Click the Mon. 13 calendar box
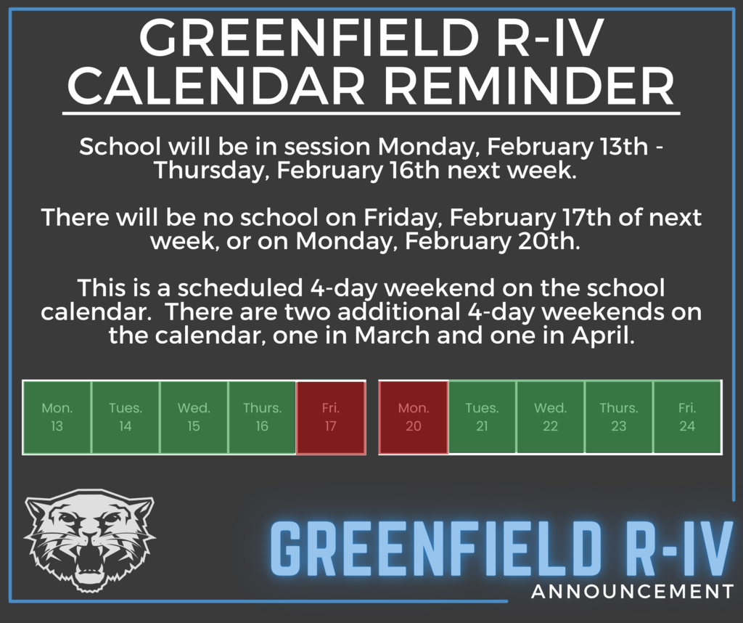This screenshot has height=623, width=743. (x=57, y=418)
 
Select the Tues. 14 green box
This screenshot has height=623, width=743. (x=125, y=418)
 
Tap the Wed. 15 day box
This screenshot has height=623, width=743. (x=194, y=418)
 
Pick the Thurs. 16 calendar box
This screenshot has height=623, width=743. (x=262, y=418)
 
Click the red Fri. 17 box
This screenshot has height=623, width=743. (x=331, y=418)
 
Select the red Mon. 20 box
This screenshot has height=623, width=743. (x=414, y=418)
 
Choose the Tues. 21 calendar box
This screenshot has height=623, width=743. (x=482, y=418)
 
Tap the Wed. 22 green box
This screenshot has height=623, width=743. (x=550, y=418)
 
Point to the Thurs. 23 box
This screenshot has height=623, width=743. (x=619, y=418)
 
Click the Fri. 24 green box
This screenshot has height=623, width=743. (x=688, y=418)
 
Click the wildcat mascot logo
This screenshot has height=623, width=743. (x=89, y=540)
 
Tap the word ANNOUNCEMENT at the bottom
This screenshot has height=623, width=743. (x=633, y=592)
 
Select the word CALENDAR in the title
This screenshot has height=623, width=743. (x=217, y=86)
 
